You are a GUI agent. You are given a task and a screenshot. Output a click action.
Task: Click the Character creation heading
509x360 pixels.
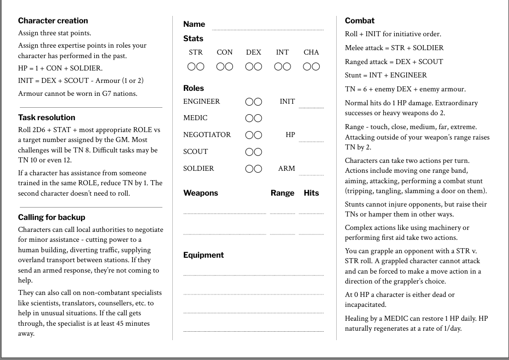pyautogui.click(x=53, y=21)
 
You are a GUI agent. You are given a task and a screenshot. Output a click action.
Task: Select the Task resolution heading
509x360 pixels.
pyautogui.click(x=47, y=118)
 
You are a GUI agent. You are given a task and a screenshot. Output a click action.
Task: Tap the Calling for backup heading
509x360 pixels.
pyautogui.click(x=52, y=217)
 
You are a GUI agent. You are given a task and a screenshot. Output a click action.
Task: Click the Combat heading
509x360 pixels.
pyautogui.click(x=360, y=21)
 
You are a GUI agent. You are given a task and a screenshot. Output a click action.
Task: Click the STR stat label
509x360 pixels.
pyautogui.click(x=196, y=52)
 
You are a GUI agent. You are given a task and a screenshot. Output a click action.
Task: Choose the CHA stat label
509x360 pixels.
pyautogui.click(x=311, y=52)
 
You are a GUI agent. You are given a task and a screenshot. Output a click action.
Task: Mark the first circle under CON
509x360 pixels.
pyautogui.click(x=220, y=67)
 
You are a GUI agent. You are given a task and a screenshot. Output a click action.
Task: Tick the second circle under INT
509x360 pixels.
pyautogui.click(x=287, y=67)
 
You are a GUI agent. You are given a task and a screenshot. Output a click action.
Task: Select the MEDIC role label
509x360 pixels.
pyautogui.click(x=195, y=118)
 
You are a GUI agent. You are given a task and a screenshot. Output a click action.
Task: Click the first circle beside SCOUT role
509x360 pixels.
pyautogui.click(x=249, y=152)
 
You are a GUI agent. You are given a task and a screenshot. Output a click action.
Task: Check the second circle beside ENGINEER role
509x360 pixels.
pyautogui.click(x=258, y=102)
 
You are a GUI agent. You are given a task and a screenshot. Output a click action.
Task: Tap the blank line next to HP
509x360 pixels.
pyautogui.click(x=311, y=140)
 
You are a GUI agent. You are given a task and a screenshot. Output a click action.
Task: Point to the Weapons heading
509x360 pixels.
pyautogui.click(x=201, y=193)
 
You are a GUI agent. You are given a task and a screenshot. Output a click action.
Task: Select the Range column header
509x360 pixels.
pyautogui.click(x=283, y=193)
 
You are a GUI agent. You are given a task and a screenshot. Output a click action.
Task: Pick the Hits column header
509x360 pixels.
pyautogui.click(x=311, y=193)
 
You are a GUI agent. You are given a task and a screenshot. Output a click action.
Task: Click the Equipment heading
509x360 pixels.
pyautogui.click(x=204, y=255)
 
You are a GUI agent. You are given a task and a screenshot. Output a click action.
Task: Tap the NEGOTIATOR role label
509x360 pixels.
pyautogui.click(x=207, y=135)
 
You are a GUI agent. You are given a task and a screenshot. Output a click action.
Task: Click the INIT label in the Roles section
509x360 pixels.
pyautogui.click(x=287, y=102)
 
